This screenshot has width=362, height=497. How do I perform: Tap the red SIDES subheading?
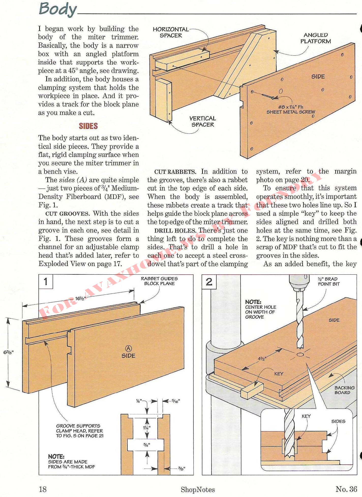click(88, 126)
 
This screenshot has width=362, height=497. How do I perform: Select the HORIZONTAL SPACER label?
click(171, 33)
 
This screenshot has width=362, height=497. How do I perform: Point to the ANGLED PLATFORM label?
click(316, 38)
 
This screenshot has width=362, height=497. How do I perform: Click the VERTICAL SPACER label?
click(203, 121)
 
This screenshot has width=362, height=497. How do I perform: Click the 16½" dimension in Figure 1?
click(81, 298)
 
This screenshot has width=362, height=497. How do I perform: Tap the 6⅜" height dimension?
click(8, 352)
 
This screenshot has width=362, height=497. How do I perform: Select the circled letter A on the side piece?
click(128, 348)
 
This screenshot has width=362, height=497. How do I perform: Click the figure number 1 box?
click(46, 282)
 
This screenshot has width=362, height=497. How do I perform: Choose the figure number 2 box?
click(209, 282)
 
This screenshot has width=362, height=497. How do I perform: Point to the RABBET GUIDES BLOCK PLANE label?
click(159, 281)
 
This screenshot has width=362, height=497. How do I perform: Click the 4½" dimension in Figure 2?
click(262, 359)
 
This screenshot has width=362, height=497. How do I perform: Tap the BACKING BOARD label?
click(344, 390)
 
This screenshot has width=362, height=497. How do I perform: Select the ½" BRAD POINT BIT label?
click(328, 282)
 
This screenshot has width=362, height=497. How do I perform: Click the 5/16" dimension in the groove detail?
click(176, 401)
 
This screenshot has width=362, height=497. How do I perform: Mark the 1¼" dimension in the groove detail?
click(147, 428)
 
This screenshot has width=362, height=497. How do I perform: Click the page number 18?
click(43, 489)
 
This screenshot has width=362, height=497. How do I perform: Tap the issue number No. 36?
click(346, 489)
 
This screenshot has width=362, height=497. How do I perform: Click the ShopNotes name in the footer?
click(198, 490)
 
